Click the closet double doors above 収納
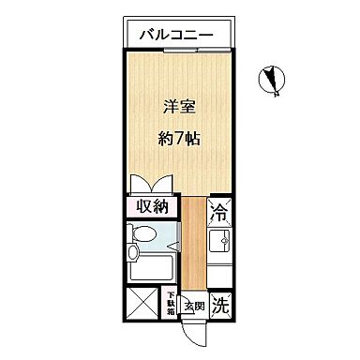pyautogui.click(x=150, y=184)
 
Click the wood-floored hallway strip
pyautogui.click(x=192, y=244)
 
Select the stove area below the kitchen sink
pyautogui.click(x=218, y=275)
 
